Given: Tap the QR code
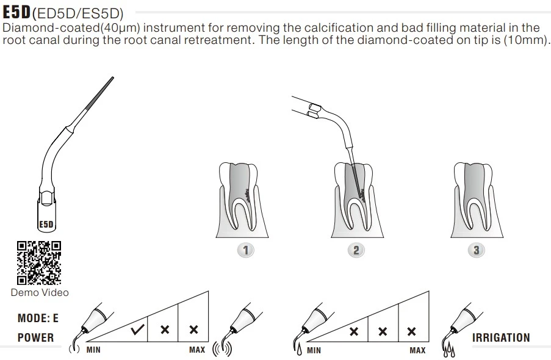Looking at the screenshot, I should tap(39, 263).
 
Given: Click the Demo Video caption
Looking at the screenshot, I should tap(40, 292).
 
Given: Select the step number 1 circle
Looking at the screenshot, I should tap(245, 250).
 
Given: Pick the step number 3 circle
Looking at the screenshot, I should tap(476, 250).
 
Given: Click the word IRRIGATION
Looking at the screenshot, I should tap(501, 337).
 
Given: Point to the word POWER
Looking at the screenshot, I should tap(35, 337).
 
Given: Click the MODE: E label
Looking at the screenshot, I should tap(38, 318).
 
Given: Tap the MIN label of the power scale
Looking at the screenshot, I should tap(93, 350).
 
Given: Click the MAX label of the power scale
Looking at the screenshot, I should tap(197, 350).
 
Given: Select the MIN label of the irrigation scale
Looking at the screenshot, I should tap(314, 350).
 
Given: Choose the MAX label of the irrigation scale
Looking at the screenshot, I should tap(417, 350).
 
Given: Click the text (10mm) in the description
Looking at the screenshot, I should tap(527, 40).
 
